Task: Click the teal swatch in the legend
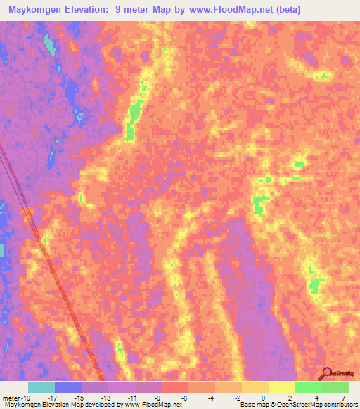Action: click(41, 387)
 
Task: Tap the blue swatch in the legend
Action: click(68, 387)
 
